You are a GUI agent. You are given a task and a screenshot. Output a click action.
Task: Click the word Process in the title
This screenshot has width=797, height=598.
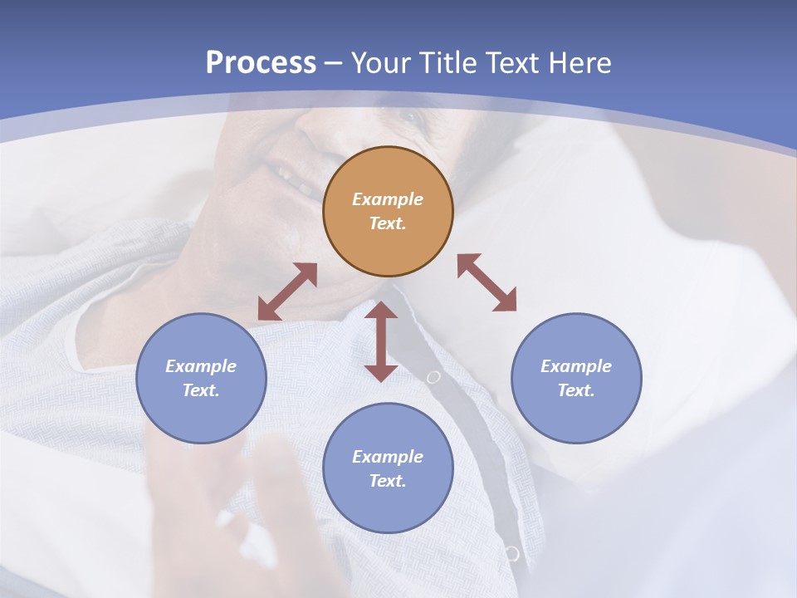(261, 63)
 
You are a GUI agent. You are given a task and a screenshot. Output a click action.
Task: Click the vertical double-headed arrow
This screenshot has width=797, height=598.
(381, 341)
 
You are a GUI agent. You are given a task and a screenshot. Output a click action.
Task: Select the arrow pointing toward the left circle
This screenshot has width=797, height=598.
(287, 292)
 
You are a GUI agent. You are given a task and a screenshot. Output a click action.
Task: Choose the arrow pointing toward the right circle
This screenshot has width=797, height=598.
(487, 282)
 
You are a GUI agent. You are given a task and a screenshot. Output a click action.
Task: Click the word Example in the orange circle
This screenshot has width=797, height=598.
(388, 199)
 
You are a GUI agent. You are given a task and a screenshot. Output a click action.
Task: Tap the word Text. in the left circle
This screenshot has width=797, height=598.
(201, 390)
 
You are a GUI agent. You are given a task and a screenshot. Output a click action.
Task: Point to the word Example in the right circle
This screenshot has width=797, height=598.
(576, 366)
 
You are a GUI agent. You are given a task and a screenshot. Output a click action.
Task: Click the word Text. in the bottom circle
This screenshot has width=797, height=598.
(388, 481)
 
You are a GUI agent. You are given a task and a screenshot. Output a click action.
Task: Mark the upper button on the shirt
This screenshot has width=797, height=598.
(433, 377)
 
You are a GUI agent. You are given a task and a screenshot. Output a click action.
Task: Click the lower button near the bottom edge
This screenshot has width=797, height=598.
(511, 553)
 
